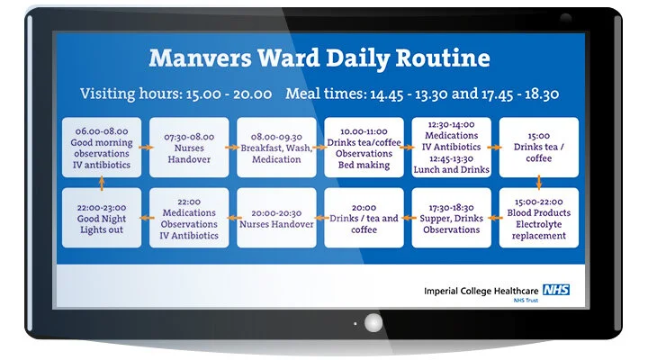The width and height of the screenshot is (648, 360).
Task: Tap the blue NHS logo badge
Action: pyautogui.click(x=555, y=290)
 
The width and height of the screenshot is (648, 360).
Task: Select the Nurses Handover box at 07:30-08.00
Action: pyautogui.click(x=189, y=147)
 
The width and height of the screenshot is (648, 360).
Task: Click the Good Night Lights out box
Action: pyautogui.click(x=102, y=218)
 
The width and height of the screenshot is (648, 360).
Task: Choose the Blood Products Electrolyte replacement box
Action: pyautogui.click(x=539, y=218)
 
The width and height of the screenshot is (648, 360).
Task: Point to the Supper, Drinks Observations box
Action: pyautogui.click(x=452, y=218)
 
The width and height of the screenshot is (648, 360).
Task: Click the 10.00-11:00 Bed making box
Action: pyautogui.click(x=364, y=147)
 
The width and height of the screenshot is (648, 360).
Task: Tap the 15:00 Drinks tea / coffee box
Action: pyautogui.click(x=539, y=147)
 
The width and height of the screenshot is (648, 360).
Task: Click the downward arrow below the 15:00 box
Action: pyautogui.click(x=539, y=182)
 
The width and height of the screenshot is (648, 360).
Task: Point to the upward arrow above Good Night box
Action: pyautogui.click(x=102, y=182)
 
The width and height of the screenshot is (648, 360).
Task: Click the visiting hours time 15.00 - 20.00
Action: pyautogui.click(x=227, y=94)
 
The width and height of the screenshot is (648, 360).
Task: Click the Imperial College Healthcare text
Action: pyautogui.click(x=481, y=291)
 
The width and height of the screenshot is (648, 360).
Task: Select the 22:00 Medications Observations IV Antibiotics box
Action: pyautogui.click(x=189, y=218)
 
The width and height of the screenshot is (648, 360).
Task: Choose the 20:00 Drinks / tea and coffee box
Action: pyautogui.click(x=364, y=218)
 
